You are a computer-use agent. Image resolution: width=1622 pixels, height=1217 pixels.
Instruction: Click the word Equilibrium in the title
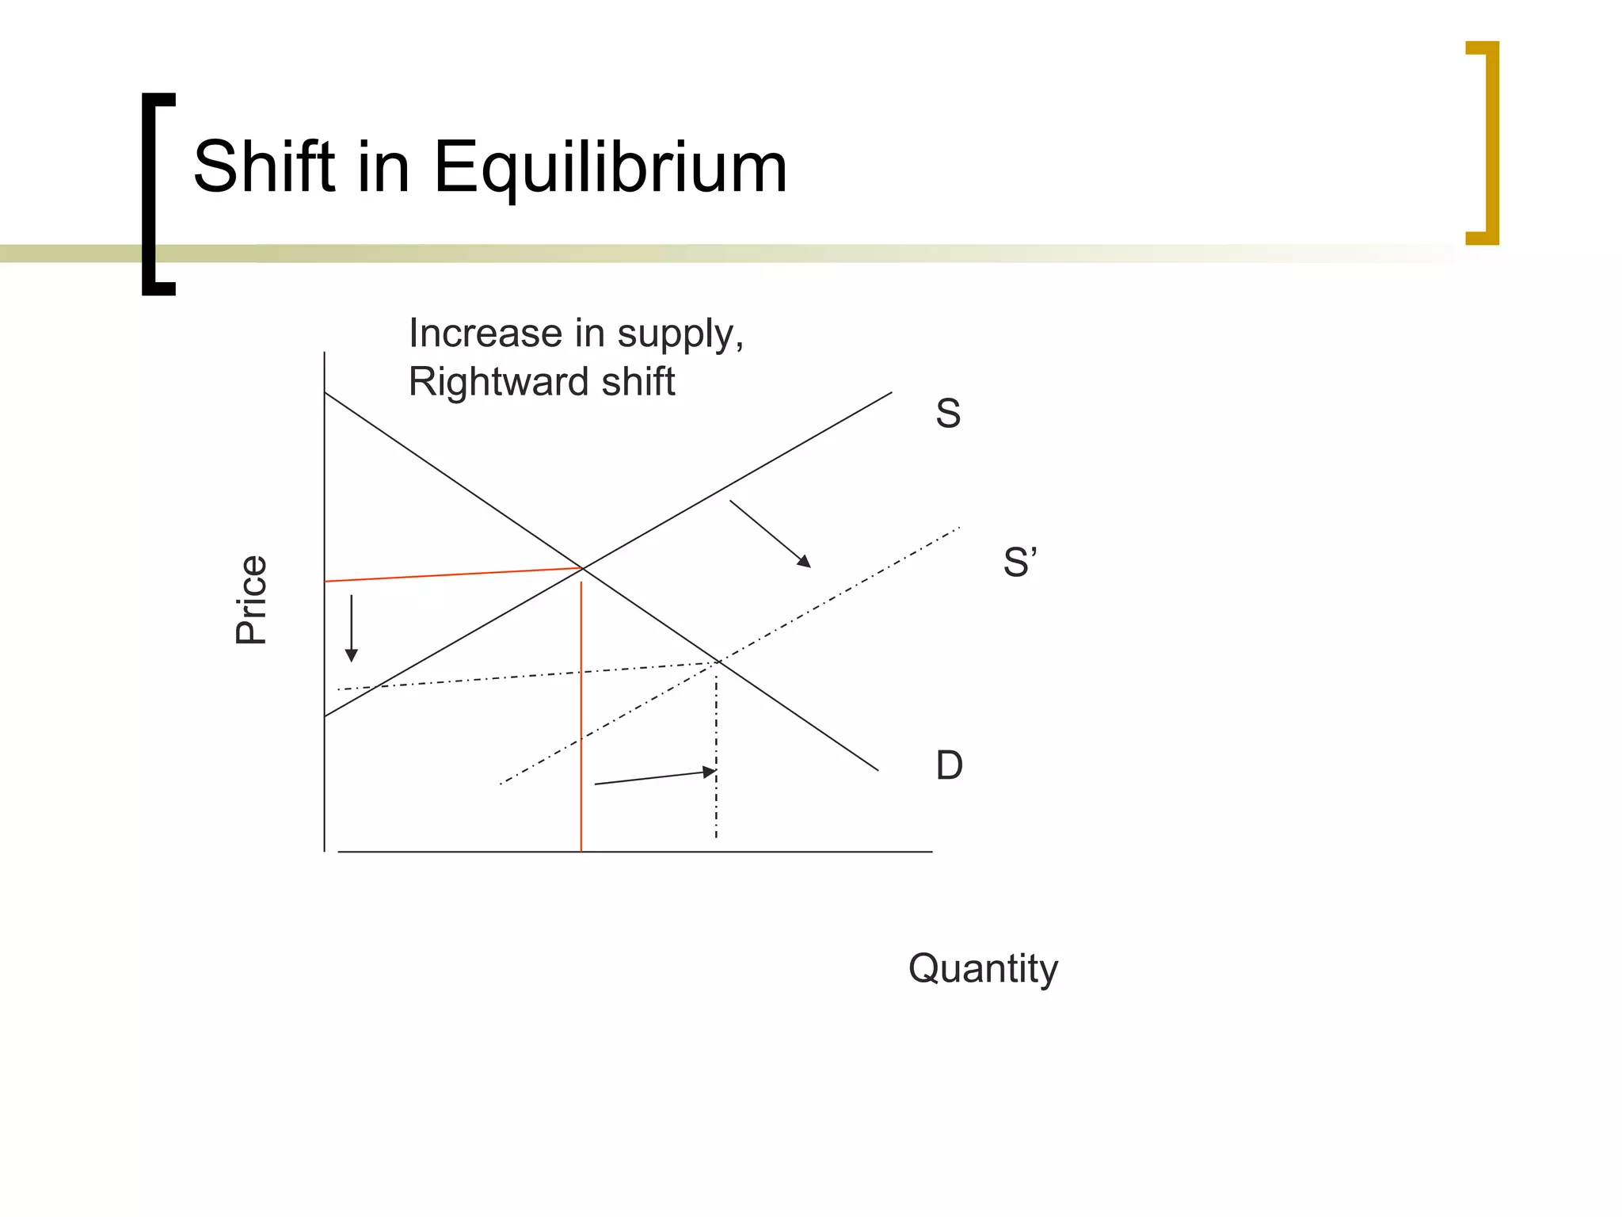[x=610, y=168]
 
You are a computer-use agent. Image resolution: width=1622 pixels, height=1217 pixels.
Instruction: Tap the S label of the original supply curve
[x=948, y=414]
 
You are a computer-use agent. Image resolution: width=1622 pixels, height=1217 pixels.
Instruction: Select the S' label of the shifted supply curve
[x=1019, y=563]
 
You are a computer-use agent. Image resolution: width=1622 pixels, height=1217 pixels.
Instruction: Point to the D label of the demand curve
[x=949, y=765]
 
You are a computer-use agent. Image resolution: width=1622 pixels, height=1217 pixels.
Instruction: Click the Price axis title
[x=252, y=600]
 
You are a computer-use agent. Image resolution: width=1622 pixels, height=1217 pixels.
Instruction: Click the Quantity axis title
[x=983, y=968]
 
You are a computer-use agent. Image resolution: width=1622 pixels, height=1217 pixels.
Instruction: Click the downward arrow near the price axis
[x=352, y=628]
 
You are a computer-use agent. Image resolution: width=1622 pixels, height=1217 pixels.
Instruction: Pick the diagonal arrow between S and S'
[x=770, y=534]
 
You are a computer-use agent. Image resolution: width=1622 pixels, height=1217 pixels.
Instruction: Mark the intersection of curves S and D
[x=583, y=568]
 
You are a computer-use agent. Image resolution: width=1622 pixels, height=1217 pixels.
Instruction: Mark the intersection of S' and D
[x=718, y=661]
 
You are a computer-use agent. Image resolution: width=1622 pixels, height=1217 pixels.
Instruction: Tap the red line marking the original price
[x=451, y=575]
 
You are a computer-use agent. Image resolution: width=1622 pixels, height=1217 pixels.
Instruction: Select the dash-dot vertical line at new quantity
[x=716, y=753]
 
